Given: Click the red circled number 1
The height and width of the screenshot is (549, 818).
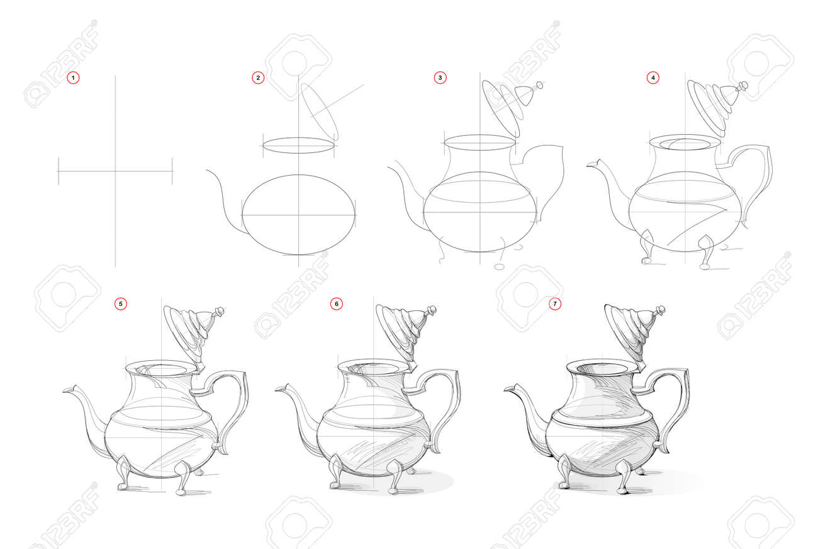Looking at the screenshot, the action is [x=73, y=78].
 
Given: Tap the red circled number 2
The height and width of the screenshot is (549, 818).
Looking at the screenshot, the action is [x=258, y=78].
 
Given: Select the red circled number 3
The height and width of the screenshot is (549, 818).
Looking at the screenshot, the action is [x=440, y=78].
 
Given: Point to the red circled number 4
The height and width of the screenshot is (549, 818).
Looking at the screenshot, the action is [x=653, y=78].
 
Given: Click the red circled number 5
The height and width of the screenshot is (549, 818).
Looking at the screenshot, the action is [x=121, y=303].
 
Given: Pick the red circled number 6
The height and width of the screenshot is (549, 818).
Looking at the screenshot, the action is [x=337, y=303].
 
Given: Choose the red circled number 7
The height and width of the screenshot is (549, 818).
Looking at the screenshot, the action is [x=555, y=303].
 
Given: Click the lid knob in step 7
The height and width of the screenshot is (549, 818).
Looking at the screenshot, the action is [x=660, y=311].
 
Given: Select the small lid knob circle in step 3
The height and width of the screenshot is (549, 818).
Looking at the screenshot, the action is [x=539, y=86].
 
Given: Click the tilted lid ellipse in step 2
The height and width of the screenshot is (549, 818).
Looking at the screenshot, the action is [x=320, y=112].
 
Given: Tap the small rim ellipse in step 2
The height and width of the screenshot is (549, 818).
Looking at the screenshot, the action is [x=298, y=145].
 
